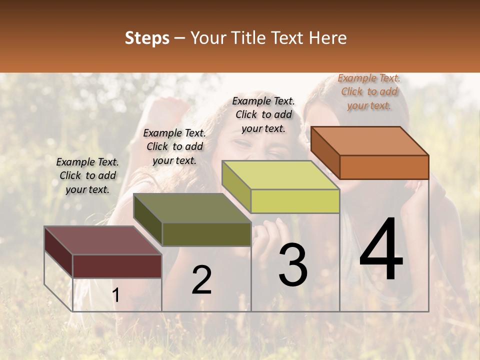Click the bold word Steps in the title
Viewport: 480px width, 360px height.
tap(147, 38)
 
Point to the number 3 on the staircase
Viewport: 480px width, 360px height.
tap(293, 265)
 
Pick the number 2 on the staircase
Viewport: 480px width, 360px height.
tap(201, 280)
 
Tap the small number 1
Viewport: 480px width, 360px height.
tap(116, 295)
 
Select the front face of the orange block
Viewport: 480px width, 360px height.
tap(384, 167)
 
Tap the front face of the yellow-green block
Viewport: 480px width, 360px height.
tap(295, 201)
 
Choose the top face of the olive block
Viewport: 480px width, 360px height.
tap(192, 208)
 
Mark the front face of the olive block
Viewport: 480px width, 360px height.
tap(206, 234)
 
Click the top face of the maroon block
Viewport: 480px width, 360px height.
tap(102, 240)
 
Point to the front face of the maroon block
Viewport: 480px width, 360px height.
tap(117, 266)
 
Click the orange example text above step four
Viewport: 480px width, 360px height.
tap(369, 91)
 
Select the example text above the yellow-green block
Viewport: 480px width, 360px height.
tap(263, 114)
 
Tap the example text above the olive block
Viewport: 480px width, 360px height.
tap(174, 146)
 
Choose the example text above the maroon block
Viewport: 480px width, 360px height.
tap(87, 175)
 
